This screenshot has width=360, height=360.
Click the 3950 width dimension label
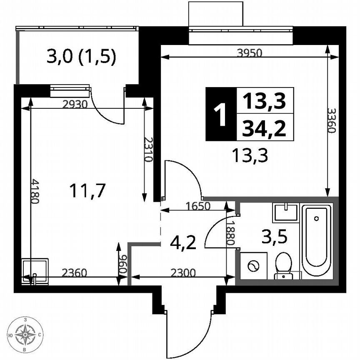coord(249,52)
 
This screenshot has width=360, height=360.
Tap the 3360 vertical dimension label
coord(331,120)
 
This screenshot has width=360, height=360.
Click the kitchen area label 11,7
coord(88,191)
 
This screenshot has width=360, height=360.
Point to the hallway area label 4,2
coord(183,242)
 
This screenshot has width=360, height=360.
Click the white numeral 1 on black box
coord(221,114)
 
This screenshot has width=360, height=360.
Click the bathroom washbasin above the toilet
coord(286,212)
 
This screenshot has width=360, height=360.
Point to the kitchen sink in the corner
coord(35,270)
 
